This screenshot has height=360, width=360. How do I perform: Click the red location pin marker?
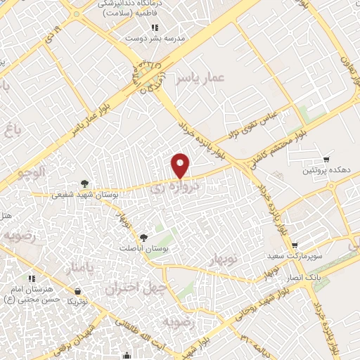(x=181, y=166)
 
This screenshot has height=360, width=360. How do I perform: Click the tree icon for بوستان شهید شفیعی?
(x=86, y=184)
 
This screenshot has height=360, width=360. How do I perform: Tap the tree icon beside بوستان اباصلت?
(x=145, y=238)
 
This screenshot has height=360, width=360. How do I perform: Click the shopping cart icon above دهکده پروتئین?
(x=326, y=160)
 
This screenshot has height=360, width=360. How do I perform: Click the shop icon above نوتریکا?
(x=77, y=290)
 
